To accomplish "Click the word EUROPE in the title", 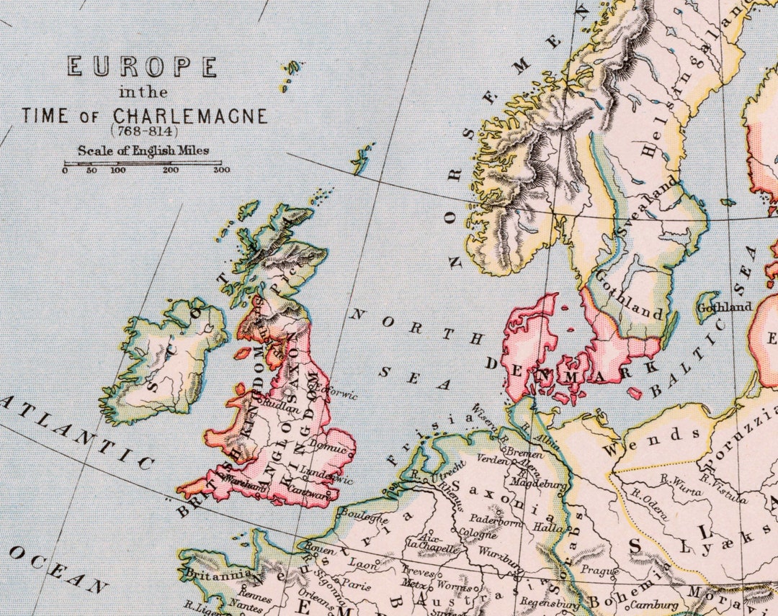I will [x=142, y=67].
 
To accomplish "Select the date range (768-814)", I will [x=143, y=131].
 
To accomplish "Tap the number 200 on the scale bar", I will [x=171, y=170].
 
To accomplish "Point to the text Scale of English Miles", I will [x=143, y=150].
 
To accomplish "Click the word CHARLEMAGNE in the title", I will [x=189, y=116].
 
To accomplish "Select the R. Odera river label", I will [x=650, y=501].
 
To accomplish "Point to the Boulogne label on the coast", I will [x=358, y=514].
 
